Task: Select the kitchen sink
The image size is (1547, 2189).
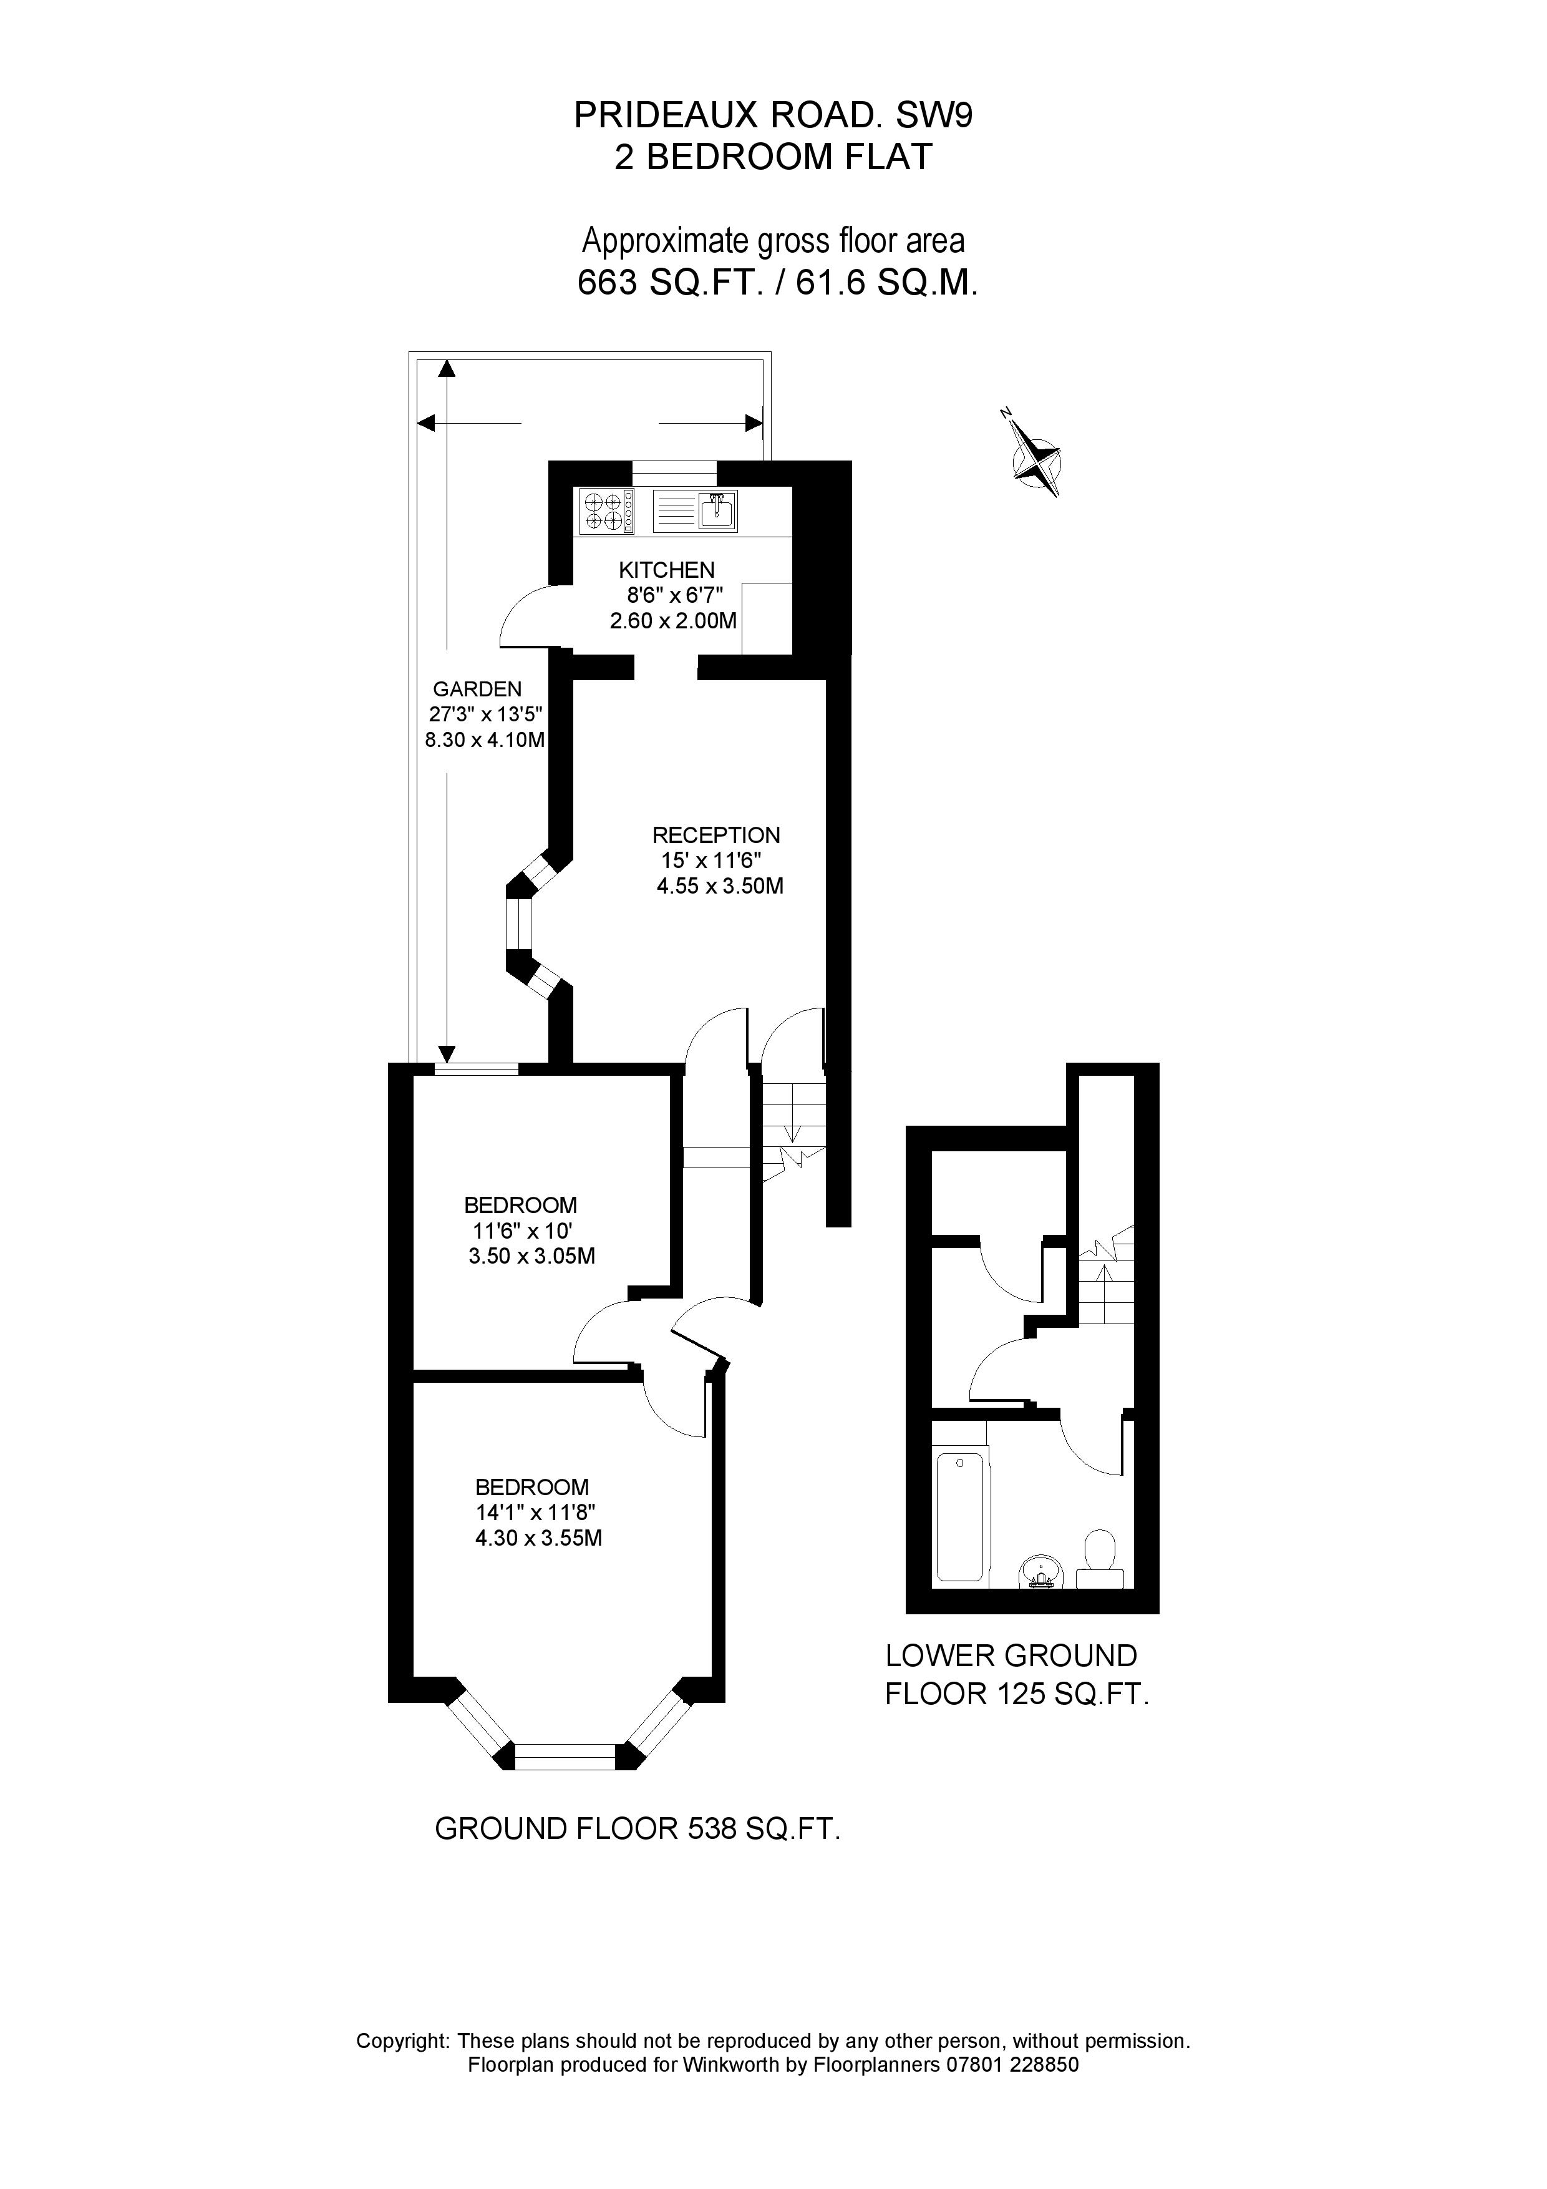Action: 717,511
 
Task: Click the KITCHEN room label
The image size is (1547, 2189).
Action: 666,570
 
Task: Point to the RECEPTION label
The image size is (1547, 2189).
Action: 716,835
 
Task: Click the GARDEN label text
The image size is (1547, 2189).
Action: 477,690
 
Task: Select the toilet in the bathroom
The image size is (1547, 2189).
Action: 1100,1556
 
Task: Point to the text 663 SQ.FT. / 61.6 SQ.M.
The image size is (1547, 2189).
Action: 778,283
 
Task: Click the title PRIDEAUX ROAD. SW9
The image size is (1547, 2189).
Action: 773,115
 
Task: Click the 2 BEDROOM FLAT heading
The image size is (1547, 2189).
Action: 773,157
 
